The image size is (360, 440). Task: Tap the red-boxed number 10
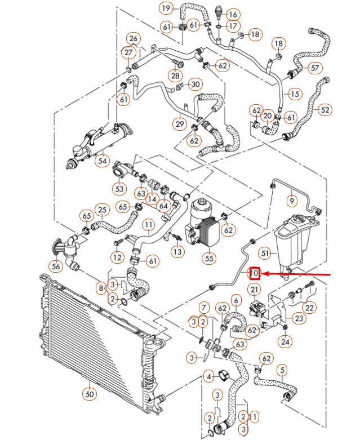[255, 273]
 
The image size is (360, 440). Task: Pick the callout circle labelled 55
[208, 258]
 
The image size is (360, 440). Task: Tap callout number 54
[102, 161]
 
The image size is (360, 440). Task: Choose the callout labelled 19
[166, 8]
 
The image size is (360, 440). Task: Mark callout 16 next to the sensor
[233, 14]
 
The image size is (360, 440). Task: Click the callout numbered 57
[314, 68]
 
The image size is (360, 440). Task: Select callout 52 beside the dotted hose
[325, 110]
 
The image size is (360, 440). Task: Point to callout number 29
[180, 123]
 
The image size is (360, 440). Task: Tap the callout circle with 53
[119, 188]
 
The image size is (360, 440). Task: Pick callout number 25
[101, 211]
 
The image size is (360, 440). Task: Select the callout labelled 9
[292, 199]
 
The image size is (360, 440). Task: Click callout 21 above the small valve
[255, 290]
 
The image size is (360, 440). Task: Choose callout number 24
[286, 341]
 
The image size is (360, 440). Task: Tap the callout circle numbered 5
[283, 370]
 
